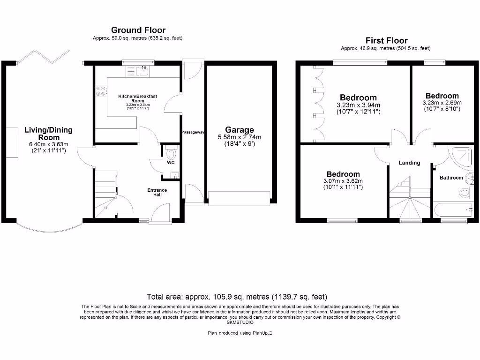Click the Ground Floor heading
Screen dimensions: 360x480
138,30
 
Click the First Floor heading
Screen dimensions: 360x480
386,41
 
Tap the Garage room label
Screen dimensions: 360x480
239,130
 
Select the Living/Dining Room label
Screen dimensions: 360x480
49,134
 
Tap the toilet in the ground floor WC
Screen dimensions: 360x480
172,153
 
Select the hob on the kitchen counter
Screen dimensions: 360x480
100,90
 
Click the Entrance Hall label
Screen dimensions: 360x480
157,192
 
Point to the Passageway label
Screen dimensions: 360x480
193,132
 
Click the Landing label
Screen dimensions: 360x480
409,163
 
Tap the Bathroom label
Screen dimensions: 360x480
451,178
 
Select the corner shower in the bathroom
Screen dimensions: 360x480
464,155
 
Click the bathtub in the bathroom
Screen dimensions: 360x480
454,209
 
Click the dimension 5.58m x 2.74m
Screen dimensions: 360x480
239,137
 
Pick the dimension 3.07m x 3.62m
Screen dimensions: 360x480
343,181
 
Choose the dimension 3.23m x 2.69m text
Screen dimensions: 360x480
442,103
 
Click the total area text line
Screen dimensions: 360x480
237,297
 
